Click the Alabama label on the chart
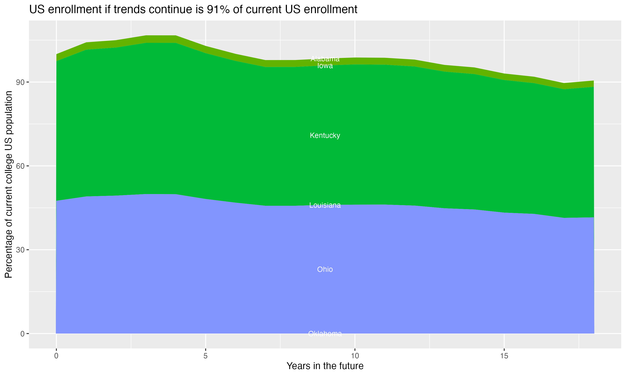click(x=325, y=59)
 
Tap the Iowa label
click(x=325, y=66)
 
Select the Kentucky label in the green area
click(x=325, y=136)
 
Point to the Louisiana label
click(x=325, y=205)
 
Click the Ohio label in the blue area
click(x=325, y=269)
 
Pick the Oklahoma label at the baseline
click(x=325, y=334)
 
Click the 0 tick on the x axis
click(x=56, y=356)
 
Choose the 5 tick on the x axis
click(x=206, y=356)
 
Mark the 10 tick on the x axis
click(x=355, y=356)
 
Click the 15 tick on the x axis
click(x=504, y=356)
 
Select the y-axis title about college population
click(x=9, y=184)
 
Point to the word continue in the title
click(x=172, y=10)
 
